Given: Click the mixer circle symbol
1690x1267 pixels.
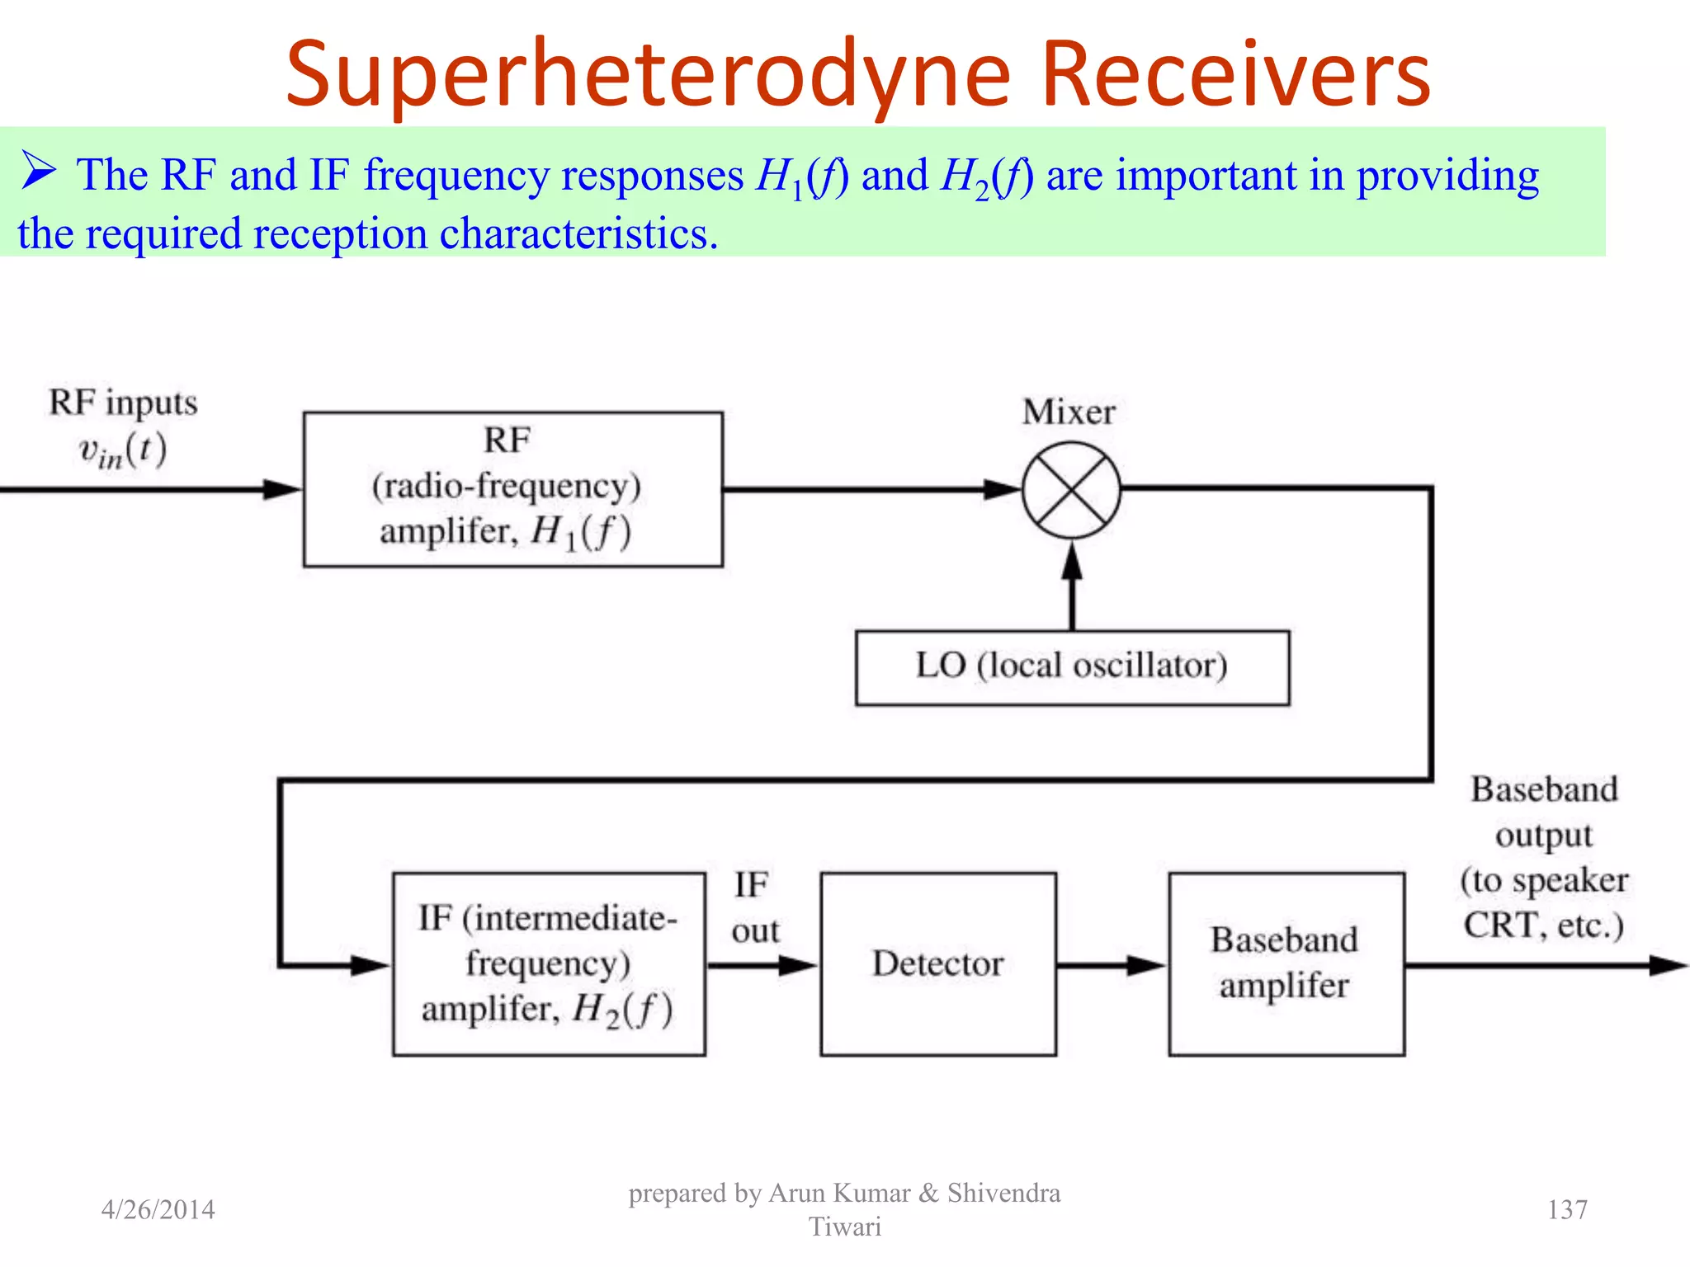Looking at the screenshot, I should [1071, 490].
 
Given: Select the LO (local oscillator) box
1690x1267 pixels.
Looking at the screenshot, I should [1072, 667].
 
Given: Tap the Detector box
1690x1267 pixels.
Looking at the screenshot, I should [938, 963].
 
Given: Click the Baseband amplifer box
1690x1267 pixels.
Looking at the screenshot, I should [1286, 963].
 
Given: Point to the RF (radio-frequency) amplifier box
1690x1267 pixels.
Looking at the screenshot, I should [512, 489].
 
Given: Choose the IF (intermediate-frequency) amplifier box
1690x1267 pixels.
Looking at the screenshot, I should [549, 963].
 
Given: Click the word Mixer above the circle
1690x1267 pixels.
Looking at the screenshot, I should [1069, 412].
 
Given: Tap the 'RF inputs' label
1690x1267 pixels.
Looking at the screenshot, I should [123, 403].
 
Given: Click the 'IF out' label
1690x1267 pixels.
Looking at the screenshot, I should [753, 907].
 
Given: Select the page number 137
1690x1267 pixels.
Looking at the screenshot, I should [1566, 1209].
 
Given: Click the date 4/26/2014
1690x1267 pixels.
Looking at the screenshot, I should [158, 1209].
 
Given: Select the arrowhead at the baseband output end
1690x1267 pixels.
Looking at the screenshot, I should [1667, 965].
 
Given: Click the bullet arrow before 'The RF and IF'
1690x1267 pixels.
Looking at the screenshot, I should [38, 171].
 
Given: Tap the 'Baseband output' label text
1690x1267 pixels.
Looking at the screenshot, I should [1544, 812].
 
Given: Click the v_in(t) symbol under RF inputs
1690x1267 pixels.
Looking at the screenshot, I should [122, 452].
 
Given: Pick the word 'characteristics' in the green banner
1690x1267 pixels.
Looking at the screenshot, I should [578, 233].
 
